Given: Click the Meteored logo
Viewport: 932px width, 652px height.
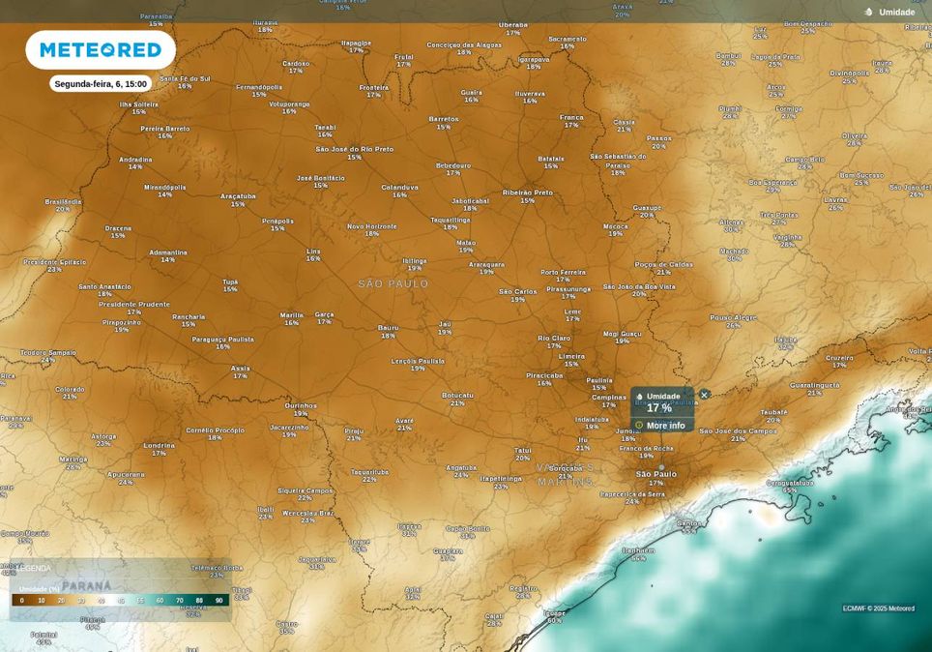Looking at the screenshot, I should [101, 49].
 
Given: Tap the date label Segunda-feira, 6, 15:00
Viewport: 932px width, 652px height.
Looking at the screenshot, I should [101, 84].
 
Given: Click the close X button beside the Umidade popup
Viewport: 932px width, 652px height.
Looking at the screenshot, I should [704, 395].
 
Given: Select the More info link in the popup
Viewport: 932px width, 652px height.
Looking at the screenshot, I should [665, 426].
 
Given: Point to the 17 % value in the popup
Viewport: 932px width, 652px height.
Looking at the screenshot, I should [659, 408].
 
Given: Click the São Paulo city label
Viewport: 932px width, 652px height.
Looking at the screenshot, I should [655, 474].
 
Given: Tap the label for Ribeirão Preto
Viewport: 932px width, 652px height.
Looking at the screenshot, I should [528, 193].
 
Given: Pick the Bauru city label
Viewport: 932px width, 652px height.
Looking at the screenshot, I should [388, 328].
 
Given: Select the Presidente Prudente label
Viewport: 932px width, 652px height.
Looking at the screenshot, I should [134, 304].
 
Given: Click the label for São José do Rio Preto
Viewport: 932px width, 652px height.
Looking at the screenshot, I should [355, 149].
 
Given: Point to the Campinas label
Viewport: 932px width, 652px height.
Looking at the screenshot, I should [609, 397].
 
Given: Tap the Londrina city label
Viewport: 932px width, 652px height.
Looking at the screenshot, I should [160, 445].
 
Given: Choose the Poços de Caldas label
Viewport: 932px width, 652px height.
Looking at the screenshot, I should [664, 264].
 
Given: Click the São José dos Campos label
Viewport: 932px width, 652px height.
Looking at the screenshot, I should [738, 430].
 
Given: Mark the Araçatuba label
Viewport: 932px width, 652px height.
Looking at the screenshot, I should [238, 195].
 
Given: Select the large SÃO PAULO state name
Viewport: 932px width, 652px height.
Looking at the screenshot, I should [393, 283].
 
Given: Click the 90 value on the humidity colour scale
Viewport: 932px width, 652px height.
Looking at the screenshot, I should [219, 601].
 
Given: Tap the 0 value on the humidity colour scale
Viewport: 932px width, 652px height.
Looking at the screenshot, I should [22, 601].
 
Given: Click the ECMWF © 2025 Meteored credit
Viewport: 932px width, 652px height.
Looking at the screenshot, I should [878, 608].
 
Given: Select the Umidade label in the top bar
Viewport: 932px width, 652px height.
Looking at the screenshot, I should [896, 12].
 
